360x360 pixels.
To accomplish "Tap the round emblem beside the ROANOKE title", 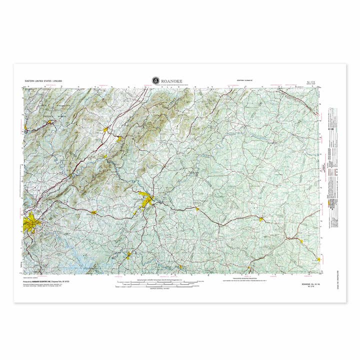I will pos(155,80).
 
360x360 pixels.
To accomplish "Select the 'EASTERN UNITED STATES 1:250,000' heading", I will pos(43,80).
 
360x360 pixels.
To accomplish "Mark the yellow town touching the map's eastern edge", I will pos(318,259).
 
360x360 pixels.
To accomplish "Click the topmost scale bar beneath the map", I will pos(159,280).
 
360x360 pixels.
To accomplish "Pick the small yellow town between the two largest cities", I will pos(93,212).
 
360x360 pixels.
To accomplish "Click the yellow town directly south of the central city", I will pos(128,255).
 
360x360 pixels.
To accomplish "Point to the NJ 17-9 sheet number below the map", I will pos(306,287).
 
